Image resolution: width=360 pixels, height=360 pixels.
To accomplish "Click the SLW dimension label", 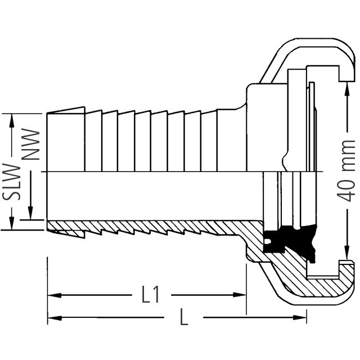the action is [x=11, y=182].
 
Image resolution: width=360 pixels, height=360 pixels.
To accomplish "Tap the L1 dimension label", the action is [x=150, y=295].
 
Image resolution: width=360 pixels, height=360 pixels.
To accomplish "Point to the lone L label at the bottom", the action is [x=184, y=317].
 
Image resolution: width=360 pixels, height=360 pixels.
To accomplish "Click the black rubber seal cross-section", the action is [x=290, y=241].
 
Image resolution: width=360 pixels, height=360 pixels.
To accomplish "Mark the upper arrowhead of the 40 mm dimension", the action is [x=346, y=89].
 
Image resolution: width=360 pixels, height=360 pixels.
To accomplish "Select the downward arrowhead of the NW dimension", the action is [x=30, y=213].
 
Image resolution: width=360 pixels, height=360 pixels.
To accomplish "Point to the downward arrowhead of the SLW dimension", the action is [x=11, y=223].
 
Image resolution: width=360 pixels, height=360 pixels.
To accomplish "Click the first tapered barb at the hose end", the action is [x=66, y=139].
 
